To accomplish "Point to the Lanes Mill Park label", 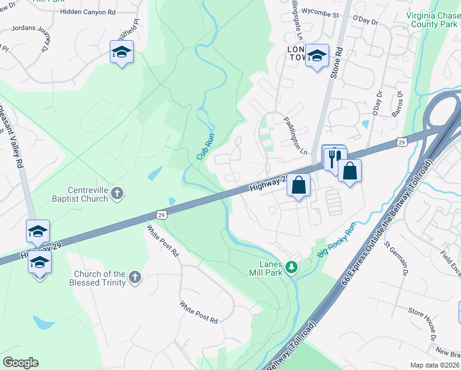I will (x=265, y=267).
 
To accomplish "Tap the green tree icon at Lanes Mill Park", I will (x=295, y=268).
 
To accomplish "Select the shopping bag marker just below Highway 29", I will (x=298, y=185).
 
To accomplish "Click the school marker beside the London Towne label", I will (x=317, y=56).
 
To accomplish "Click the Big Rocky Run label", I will (x=337, y=240).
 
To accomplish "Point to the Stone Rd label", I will (x=337, y=61).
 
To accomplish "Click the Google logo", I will (x=20, y=363).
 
